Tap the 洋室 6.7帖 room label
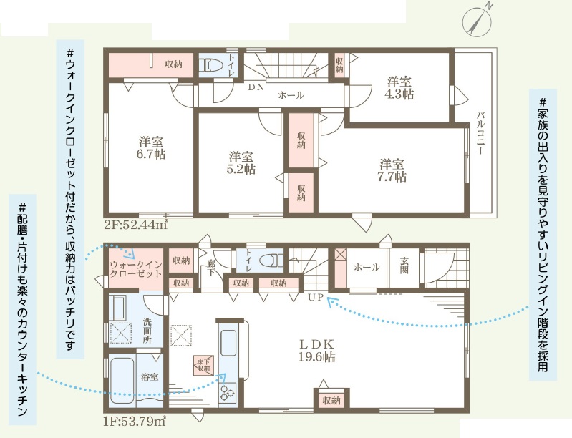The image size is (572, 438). point(151,147)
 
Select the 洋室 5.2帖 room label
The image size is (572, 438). point(241,163)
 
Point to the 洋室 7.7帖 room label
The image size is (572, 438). point(392,170)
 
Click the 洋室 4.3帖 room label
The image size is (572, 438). point(399,87)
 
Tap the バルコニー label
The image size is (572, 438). point(480,132)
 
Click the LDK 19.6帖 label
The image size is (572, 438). point(316,350)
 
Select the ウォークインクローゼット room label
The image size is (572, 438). point(136,269)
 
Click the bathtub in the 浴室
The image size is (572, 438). point(122,380)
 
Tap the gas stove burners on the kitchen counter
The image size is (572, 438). point(227,393)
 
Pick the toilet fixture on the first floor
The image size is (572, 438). point(271,260)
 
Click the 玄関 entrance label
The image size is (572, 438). point(404,265)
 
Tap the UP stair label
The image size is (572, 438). point(316,297)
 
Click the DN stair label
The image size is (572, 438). point(256,87)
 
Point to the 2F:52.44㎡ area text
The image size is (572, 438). point(136,224)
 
